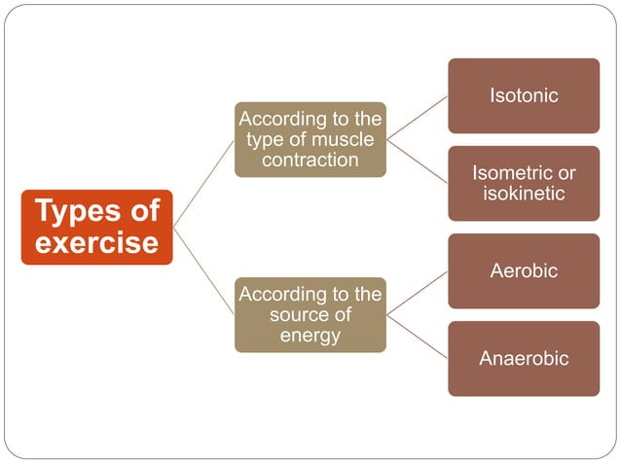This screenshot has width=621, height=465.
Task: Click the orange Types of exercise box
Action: (96, 227)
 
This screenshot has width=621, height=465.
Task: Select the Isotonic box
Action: (524, 95)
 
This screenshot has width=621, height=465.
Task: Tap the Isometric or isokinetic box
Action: (524, 183)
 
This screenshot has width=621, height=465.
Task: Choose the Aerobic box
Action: (524, 270)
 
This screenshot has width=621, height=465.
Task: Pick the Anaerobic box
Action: (524, 358)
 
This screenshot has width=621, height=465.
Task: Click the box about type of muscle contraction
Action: (310, 139)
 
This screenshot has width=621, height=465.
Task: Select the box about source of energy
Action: (310, 314)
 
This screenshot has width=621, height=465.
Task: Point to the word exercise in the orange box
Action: (96, 242)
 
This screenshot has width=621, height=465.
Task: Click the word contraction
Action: (310, 160)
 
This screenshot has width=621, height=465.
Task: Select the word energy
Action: (310, 336)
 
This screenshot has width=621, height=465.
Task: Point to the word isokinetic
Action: (524, 193)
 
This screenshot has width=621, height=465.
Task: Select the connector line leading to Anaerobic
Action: (417, 336)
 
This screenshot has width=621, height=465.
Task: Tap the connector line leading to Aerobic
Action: (417, 293)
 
